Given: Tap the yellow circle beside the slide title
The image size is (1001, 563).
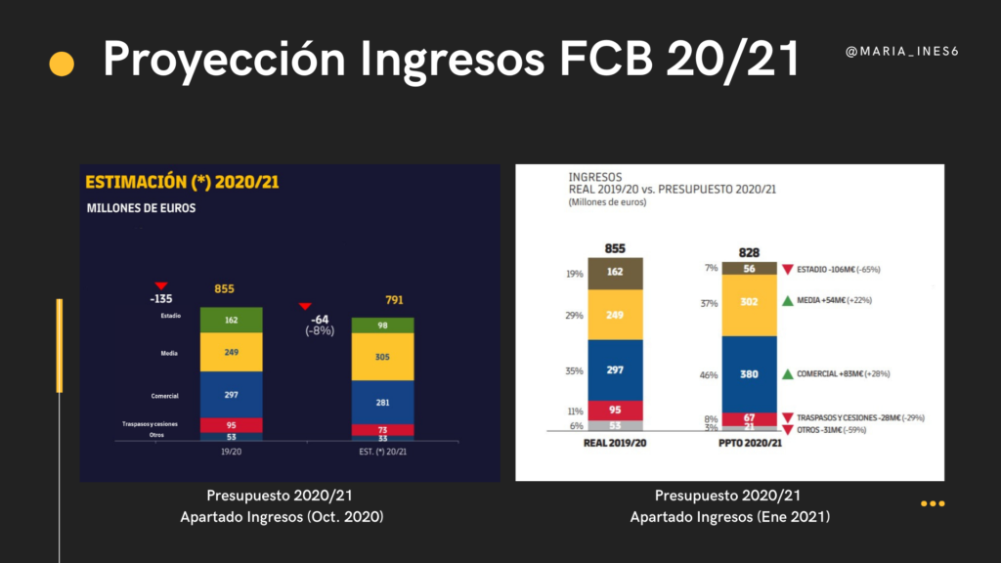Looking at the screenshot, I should point(62,64).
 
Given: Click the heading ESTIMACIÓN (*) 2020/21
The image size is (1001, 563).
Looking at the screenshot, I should point(184,182).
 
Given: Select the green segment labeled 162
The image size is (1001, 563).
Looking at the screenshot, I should point(232,320).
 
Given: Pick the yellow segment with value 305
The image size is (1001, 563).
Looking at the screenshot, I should point(382,358).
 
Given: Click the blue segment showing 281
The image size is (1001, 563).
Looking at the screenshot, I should point(382,401).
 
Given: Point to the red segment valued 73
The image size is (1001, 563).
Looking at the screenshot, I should point(382,430).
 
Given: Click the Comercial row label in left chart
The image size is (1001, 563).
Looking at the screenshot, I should point(163,396).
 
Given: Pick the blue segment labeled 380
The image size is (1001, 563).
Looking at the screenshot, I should point(750,374).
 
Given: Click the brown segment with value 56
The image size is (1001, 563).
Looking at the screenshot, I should point(750,269).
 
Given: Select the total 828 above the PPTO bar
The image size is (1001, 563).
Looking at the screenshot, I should point(750,251).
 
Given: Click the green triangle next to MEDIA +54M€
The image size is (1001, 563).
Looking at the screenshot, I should point(788,301).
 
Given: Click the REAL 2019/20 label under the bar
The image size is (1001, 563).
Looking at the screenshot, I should point(616,443).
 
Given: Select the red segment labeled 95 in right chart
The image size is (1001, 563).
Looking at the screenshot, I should point(616,411).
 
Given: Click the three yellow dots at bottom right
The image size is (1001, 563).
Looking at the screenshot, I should point(932,504).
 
